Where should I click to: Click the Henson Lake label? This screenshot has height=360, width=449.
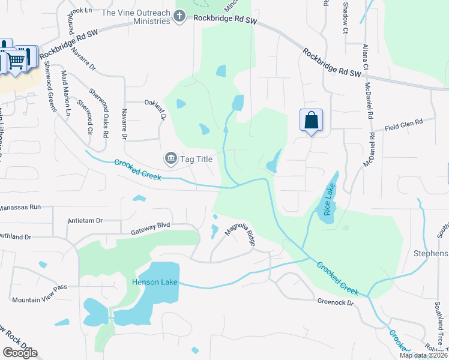[x=155, y=281]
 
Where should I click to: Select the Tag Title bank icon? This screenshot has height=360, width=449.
[x=170, y=158]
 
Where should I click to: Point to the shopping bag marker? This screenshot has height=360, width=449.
[x=311, y=119]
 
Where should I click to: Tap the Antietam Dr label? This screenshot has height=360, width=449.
[x=86, y=220]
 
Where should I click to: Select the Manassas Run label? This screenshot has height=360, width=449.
[x=20, y=206]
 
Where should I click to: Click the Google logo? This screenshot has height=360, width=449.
[x=20, y=353]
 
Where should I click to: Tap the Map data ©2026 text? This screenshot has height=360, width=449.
[x=423, y=355]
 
